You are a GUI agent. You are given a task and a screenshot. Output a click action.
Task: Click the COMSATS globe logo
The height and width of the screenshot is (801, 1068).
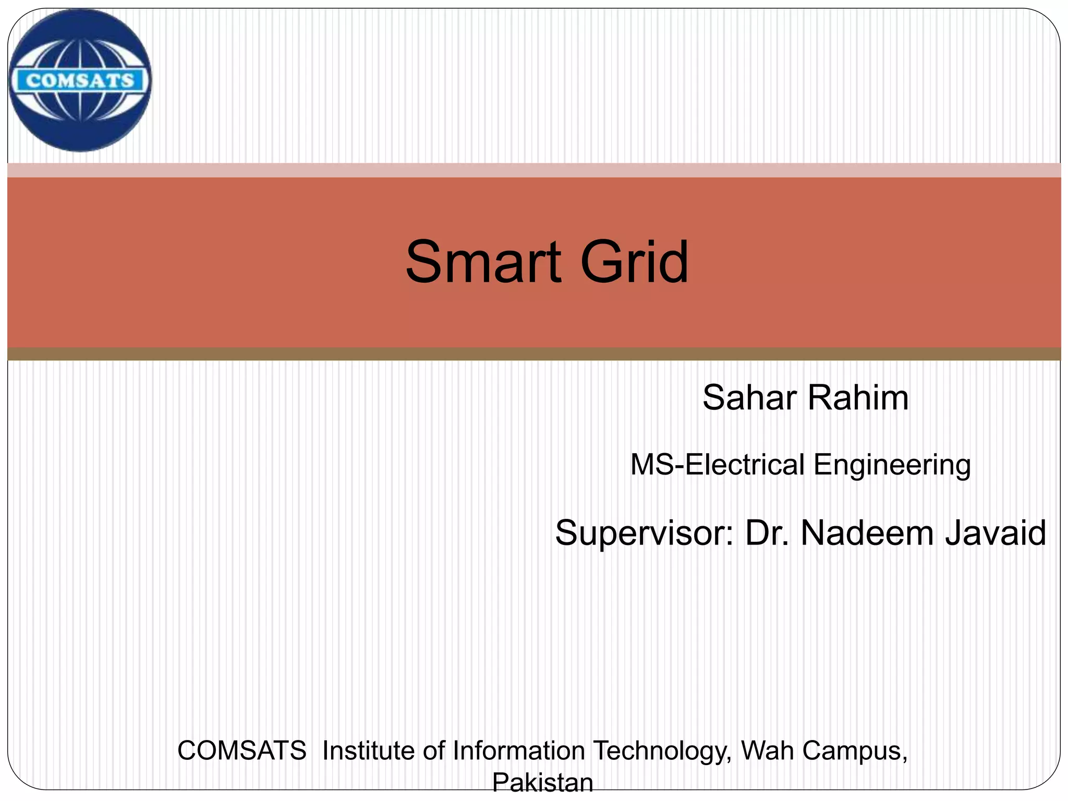tap(80, 80)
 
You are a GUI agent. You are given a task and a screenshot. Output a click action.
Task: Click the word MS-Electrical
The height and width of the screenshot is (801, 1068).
tap(718, 465)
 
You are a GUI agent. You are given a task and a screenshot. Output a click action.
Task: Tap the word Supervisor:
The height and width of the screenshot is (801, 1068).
tap(645, 533)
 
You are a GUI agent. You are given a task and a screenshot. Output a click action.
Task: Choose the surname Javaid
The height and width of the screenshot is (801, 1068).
tap(996, 533)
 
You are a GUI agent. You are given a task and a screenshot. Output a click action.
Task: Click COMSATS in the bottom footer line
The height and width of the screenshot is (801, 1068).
tap(242, 751)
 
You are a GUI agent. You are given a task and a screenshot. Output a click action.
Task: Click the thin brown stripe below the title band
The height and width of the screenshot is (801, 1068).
tap(534, 354)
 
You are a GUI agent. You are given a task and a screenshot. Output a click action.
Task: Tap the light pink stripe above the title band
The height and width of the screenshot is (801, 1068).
tap(534, 170)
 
